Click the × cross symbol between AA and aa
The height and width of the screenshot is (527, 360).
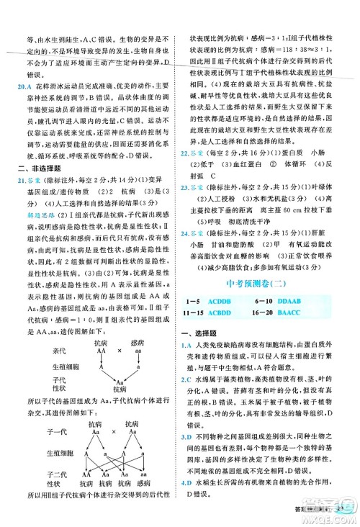coord(106,359)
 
